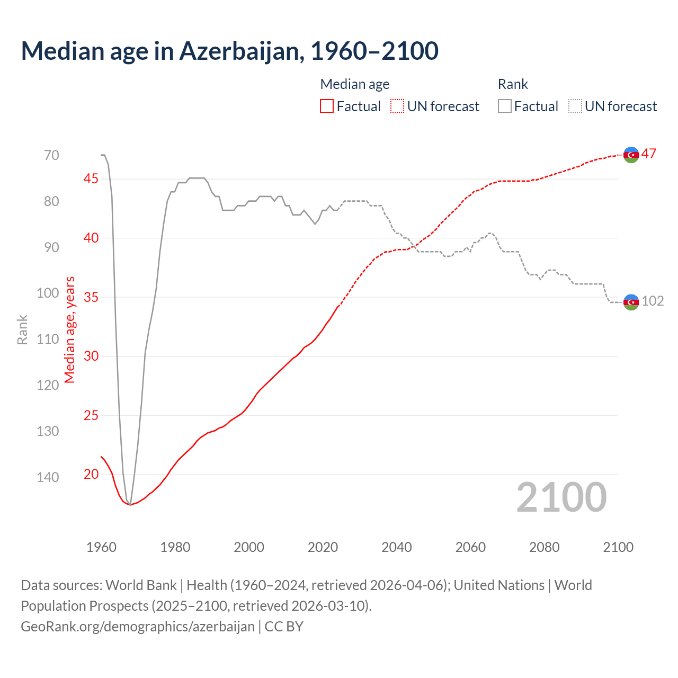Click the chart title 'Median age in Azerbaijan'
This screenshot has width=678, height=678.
[229, 51]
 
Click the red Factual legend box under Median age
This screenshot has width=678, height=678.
[327, 106]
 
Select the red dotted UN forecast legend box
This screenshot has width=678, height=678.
[397, 106]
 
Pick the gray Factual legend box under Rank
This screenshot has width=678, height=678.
[505, 106]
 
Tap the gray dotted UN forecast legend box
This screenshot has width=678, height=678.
[575, 106]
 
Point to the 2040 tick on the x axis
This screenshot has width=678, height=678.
[396, 547]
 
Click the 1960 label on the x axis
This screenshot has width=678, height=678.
[101, 547]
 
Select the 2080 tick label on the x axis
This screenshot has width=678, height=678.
[544, 547]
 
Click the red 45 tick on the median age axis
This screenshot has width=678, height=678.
[91, 179]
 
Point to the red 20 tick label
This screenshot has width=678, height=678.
[91, 474]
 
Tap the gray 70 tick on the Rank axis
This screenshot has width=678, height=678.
[51, 155]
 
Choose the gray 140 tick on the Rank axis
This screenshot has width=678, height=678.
[48, 477]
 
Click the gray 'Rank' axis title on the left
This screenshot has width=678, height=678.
[22, 330]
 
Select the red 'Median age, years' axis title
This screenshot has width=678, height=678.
[70, 330]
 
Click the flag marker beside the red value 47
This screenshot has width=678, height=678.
[631, 154]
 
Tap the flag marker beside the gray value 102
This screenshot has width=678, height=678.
[631, 302]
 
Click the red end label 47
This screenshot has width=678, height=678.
[649, 154]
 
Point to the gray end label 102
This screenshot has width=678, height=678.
[653, 301]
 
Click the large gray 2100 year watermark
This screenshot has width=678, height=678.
[561, 497]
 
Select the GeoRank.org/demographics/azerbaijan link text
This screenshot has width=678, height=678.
[138, 627]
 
